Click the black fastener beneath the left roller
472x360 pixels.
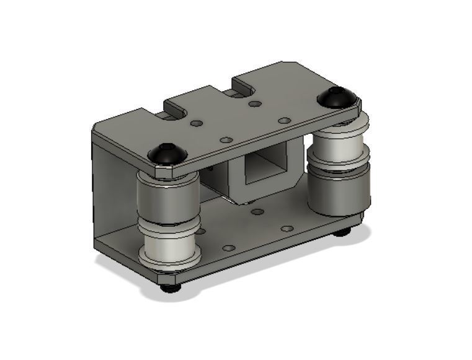pos(168,288)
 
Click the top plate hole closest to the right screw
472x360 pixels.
pos(284,120)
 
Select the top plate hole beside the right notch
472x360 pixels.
pos(254,103)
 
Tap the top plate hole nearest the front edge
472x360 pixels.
pos(226,140)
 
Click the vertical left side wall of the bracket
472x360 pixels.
pos(112,186)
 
